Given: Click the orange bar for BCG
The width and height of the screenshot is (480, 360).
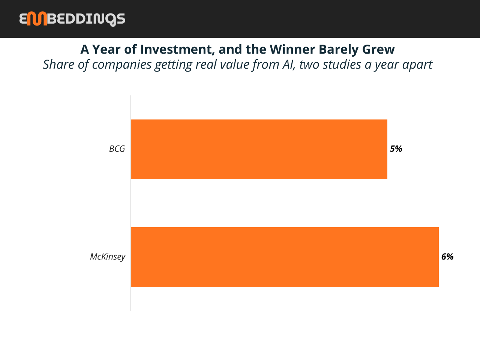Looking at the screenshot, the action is coord(259,149).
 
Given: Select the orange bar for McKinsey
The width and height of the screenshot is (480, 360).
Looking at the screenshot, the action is coord(285,257).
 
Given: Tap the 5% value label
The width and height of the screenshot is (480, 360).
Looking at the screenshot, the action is coord(396,149).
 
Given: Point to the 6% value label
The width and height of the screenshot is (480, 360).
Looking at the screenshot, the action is coord(447,256).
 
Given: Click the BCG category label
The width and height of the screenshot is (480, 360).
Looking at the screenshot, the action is coord(117,149).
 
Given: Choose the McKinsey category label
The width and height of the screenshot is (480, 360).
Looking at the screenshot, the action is coord(108,257).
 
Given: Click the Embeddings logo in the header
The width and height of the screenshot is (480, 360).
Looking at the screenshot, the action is coord(72,19).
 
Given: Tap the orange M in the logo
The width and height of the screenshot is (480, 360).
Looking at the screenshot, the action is coord(37,19).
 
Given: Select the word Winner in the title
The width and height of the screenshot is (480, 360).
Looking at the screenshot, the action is coord(291,49).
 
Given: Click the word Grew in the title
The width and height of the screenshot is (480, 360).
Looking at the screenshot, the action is coord(378,49).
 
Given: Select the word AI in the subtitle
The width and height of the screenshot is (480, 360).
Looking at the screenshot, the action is coord(289,64).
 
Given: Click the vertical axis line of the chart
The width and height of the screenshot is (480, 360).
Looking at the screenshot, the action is coord(131,203).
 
